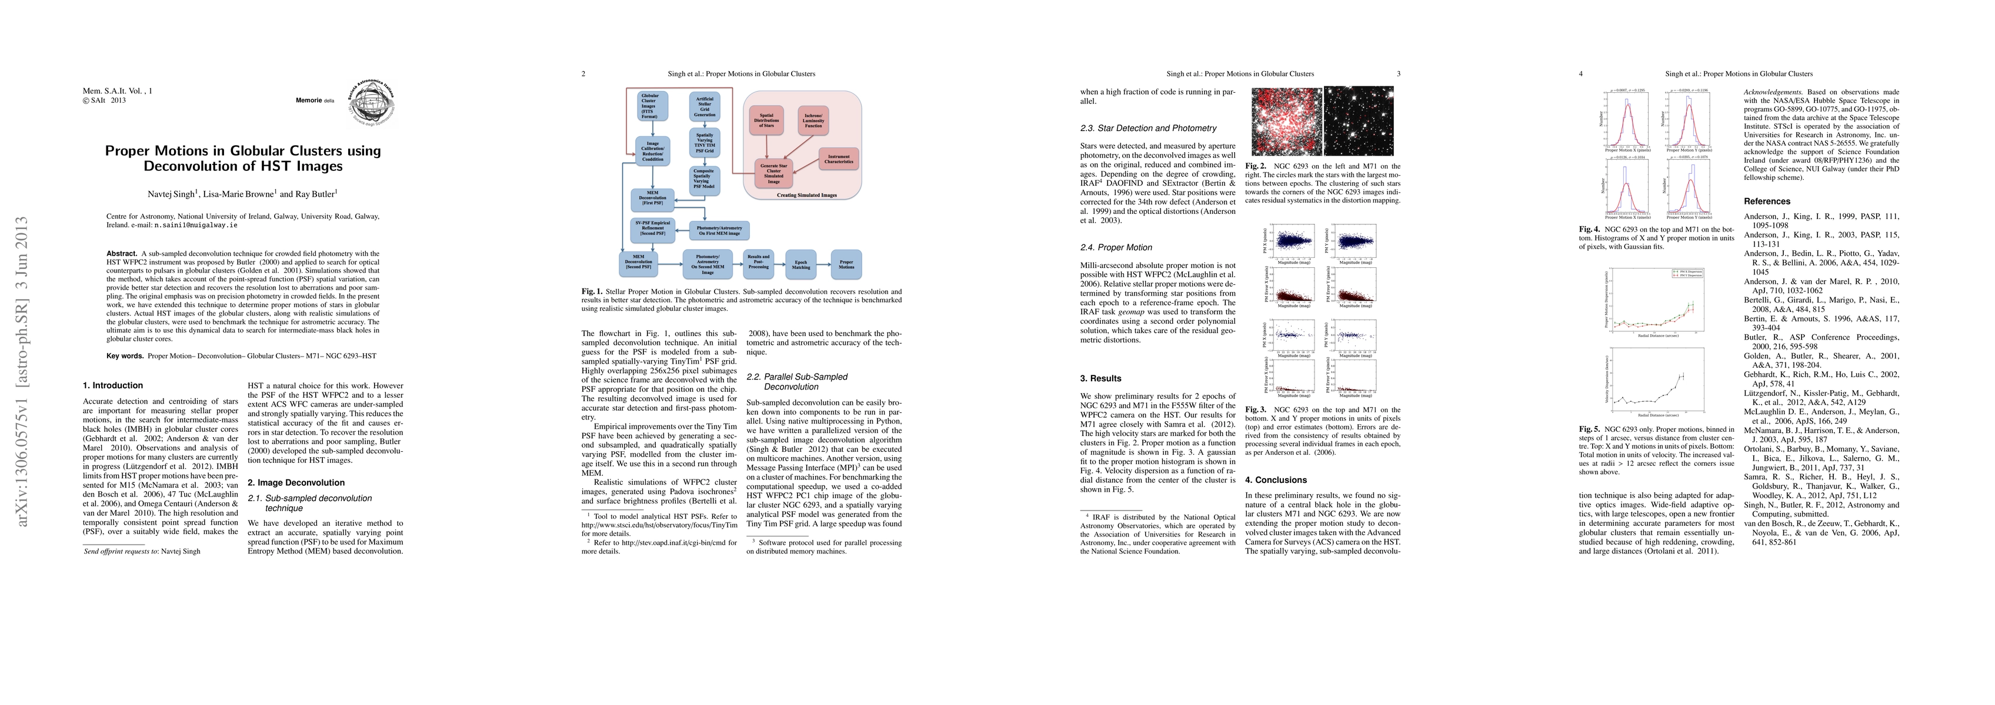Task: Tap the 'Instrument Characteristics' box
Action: coord(839,159)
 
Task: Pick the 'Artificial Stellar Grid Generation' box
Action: coord(705,107)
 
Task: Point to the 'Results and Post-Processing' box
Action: coord(758,261)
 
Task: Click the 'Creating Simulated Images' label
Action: coord(806,196)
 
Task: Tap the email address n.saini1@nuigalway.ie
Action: coord(195,225)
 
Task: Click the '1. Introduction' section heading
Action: coord(113,385)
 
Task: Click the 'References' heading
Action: coord(1767,201)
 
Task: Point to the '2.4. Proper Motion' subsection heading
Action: coord(1116,248)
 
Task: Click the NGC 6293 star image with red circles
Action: coord(1286,120)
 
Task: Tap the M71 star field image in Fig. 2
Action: coord(1359,120)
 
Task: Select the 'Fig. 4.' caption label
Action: coord(1589,229)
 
